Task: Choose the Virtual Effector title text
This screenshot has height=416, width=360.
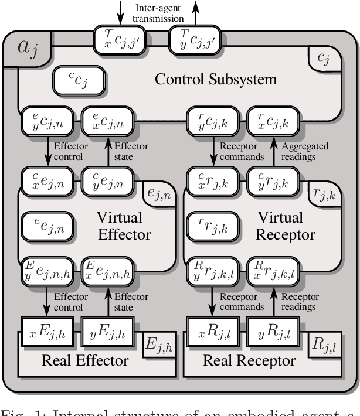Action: [x=119, y=226]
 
